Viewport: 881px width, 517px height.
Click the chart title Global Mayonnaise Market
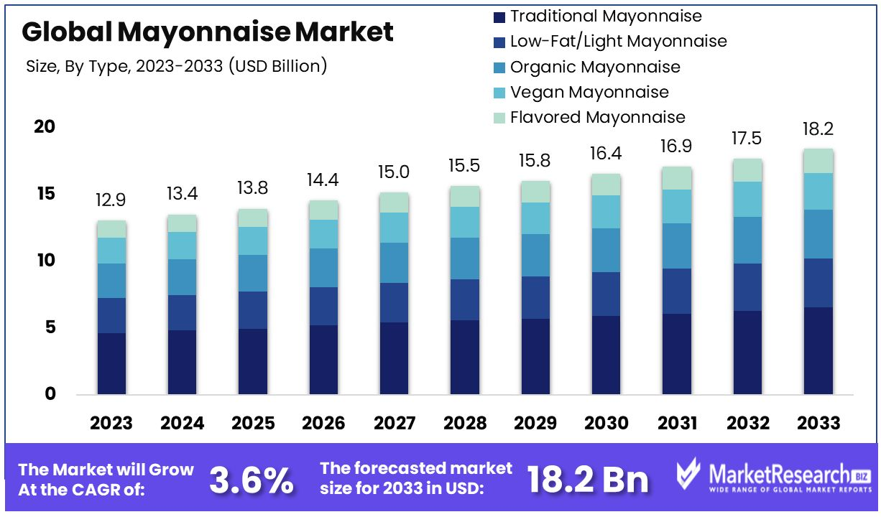pyautogui.click(x=208, y=32)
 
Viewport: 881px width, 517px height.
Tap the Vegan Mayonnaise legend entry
pyautogui.click(x=589, y=92)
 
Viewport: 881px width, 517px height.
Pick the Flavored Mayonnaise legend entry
pyautogui.click(x=597, y=117)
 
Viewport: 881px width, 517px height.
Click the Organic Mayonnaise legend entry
pyautogui.click(x=594, y=67)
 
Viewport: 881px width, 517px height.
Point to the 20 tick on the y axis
pyautogui.click(x=45, y=127)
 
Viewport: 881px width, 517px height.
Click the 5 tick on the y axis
pyautogui.click(x=49, y=327)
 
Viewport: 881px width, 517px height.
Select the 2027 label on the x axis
pyautogui.click(x=394, y=423)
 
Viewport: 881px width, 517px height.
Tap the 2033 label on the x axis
pyautogui.click(x=817, y=423)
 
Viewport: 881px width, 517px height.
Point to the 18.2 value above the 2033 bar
pyautogui.click(x=817, y=129)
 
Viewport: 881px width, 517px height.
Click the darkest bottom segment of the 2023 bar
pyautogui.click(x=111, y=363)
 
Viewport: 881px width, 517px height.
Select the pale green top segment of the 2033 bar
pyautogui.click(x=817, y=161)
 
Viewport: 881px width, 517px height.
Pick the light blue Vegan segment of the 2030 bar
pyautogui.click(x=605, y=212)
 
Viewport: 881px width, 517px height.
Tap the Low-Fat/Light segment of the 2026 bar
pyautogui.click(x=323, y=306)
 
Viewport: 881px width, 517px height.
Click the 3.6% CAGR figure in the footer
pyautogui.click(x=251, y=480)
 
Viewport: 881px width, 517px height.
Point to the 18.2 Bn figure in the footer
pyautogui.click(x=587, y=480)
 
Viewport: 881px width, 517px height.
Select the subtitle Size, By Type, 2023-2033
pyautogui.click(x=176, y=67)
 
